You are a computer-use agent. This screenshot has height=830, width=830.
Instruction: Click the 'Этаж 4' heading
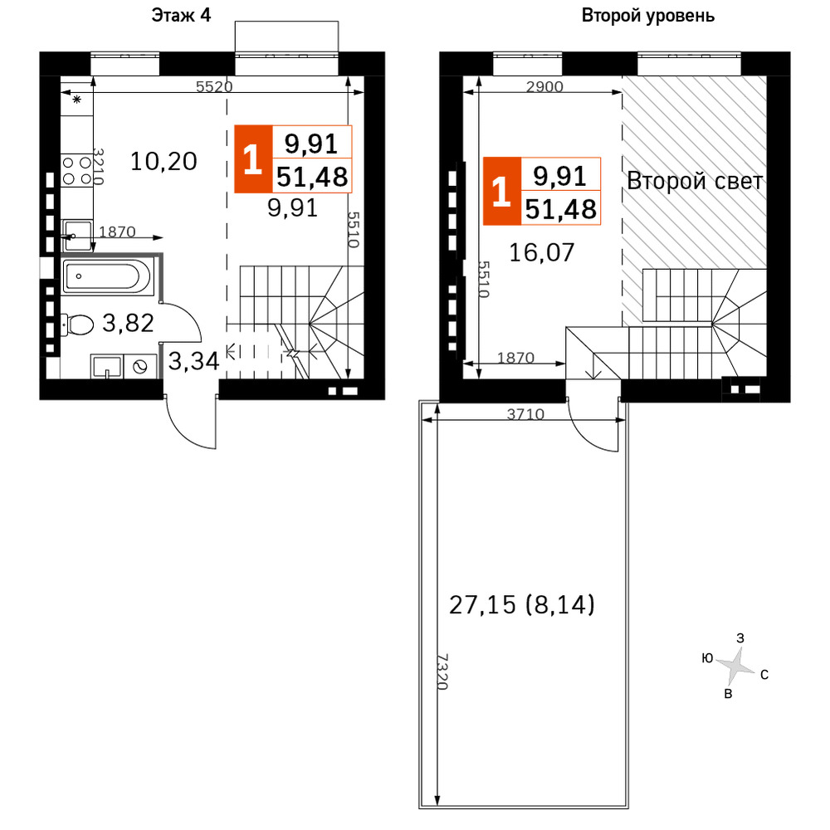pos(181,15)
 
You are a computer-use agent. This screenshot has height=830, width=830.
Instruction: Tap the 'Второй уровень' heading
pos(648,16)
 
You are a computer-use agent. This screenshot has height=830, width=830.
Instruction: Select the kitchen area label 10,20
pos(164,161)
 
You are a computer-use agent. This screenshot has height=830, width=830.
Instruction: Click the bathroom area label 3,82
pos(128,322)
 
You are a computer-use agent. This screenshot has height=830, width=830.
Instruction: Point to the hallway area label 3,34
pos(193,361)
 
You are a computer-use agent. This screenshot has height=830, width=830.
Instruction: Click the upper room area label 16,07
pos(541,252)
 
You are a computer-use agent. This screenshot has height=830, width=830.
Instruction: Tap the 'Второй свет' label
pos(695,181)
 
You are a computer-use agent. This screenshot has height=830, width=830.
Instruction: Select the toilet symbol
pos(77,324)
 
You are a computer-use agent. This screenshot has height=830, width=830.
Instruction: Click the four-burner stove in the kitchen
pos(77,170)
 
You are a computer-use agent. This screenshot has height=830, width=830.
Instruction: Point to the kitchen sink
pos(77,236)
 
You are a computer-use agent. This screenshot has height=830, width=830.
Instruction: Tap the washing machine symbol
pos(140,366)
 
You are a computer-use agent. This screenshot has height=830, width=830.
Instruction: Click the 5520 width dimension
pos(214,86)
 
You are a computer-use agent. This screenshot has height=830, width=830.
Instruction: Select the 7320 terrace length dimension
pos(442,671)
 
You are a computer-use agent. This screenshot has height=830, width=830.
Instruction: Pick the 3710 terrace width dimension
pos(525,413)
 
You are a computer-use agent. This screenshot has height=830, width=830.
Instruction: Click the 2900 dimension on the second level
pos(544,86)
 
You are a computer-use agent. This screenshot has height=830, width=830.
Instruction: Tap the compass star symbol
pos(735,666)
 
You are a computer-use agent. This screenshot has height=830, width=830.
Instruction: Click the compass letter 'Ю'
pos(707,658)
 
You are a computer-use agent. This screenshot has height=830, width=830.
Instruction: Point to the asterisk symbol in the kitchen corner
pos(76,99)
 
